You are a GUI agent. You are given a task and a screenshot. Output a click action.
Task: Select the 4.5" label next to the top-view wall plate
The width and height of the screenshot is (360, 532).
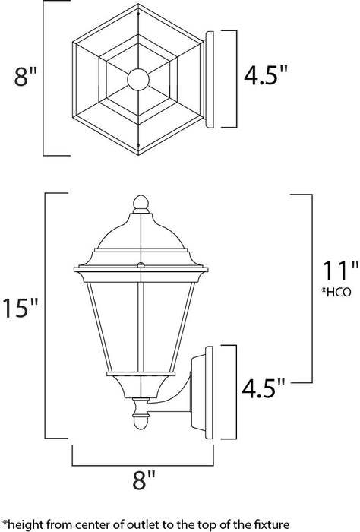coord(266,76)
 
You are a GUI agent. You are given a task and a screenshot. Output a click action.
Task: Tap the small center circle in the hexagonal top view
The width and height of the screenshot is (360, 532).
coord(138,78)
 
